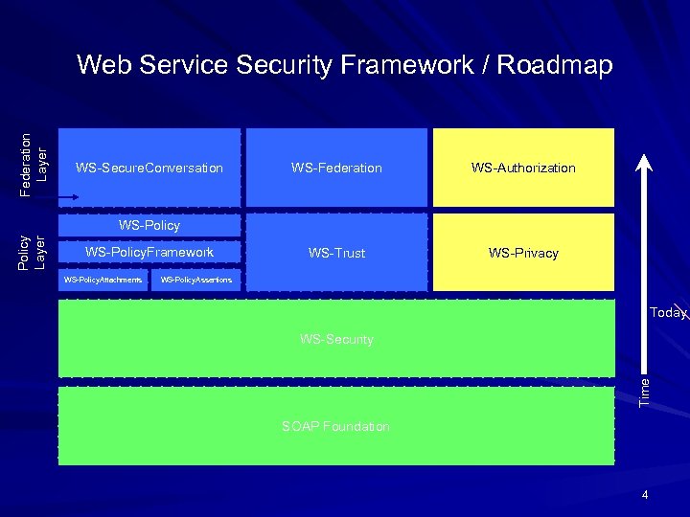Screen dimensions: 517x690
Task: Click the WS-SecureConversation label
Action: (x=149, y=169)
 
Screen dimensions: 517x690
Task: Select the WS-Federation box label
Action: (x=336, y=169)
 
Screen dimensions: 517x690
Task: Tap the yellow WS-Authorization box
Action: (x=523, y=168)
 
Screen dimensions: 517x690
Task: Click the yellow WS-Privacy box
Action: (x=523, y=253)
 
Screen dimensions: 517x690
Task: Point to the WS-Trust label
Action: (x=336, y=253)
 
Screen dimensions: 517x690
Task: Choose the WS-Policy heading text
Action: (x=149, y=226)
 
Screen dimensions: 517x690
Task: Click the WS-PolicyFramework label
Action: (x=149, y=252)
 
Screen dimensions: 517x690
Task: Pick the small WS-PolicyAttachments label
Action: (x=103, y=280)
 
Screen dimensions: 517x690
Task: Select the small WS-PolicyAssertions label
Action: (x=195, y=280)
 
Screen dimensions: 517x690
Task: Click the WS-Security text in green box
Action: (x=336, y=339)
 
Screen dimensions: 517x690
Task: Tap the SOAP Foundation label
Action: (x=335, y=426)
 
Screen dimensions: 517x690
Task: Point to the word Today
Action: (x=667, y=313)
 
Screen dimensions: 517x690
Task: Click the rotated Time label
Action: (x=645, y=389)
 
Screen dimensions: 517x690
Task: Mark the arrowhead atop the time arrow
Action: (x=645, y=159)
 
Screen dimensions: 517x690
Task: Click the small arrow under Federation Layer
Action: (x=66, y=198)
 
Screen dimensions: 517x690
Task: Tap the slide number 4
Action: (x=645, y=495)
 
